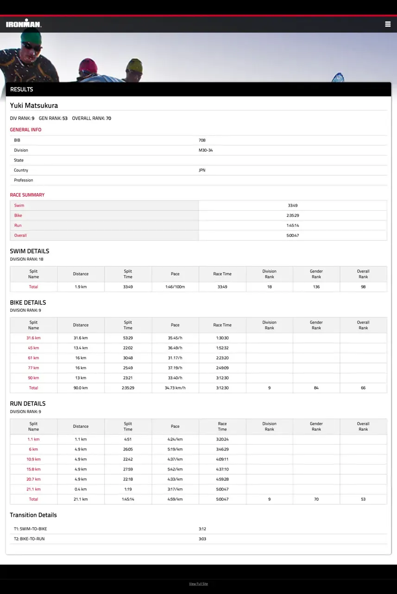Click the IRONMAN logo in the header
coord(24,24)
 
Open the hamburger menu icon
coord(388,24)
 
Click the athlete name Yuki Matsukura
coord(34,106)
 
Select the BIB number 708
coord(202,140)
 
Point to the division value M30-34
coord(206,150)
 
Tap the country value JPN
coord(202,170)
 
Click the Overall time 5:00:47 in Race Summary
coord(292,236)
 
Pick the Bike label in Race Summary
coord(18,216)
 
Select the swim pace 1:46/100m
coord(175,287)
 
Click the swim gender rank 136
coord(316,287)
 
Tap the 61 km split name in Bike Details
coord(33,358)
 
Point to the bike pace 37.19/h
coord(175,368)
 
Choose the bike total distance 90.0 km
coord(81,388)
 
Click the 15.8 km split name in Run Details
coord(33,470)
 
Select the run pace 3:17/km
coord(175,490)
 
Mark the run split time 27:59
coord(128,470)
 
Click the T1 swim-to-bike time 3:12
coord(202,529)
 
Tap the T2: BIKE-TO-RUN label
coord(29,539)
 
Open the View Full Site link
coord(198,584)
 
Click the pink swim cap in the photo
coord(88,65)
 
